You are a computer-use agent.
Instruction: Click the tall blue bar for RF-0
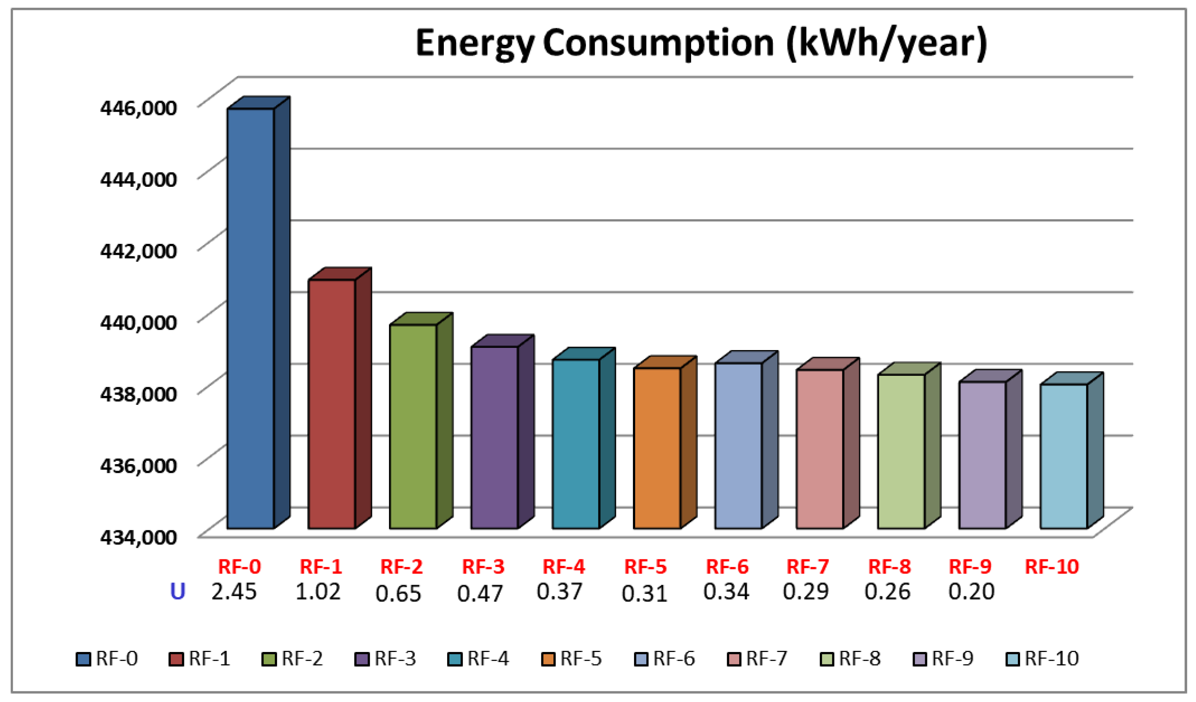pyautogui.click(x=251, y=318)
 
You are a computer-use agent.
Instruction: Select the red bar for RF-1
pyautogui.click(x=332, y=403)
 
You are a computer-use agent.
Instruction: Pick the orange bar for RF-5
pyautogui.click(x=657, y=448)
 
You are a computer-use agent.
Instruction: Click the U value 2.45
pyautogui.click(x=234, y=591)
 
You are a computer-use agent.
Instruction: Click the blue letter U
pyautogui.click(x=177, y=591)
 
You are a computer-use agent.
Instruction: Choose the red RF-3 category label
pyautogui.click(x=483, y=567)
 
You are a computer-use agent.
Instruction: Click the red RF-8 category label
pyautogui.click(x=889, y=567)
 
